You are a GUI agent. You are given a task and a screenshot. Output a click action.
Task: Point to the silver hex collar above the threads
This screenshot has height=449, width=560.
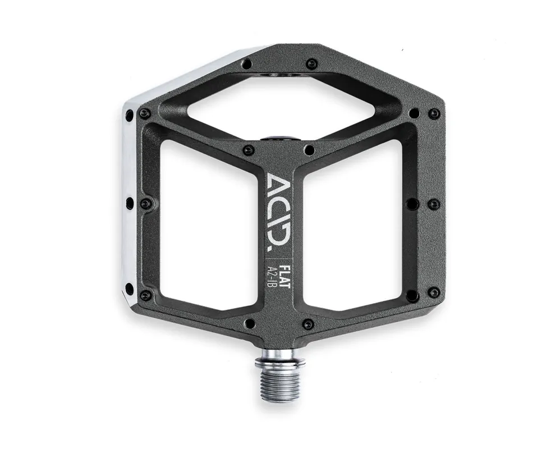pyautogui.click(x=281, y=357)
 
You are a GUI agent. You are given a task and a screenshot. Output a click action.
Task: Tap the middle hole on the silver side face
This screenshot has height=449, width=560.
pyautogui.click(x=130, y=203)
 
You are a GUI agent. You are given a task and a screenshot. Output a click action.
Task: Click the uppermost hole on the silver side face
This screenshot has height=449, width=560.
pyautogui.click(x=129, y=116)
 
